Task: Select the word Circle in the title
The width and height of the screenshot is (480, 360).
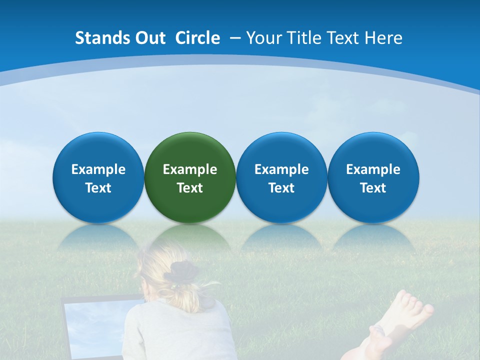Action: [197, 38]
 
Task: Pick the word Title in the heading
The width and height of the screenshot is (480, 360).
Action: [302, 38]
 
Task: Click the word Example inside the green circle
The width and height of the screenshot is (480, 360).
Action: [190, 169]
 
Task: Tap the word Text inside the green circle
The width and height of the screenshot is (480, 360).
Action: [190, 188]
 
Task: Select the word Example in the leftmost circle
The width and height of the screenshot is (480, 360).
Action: [98, 169]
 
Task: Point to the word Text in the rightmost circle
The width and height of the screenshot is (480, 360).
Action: [373, 188]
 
